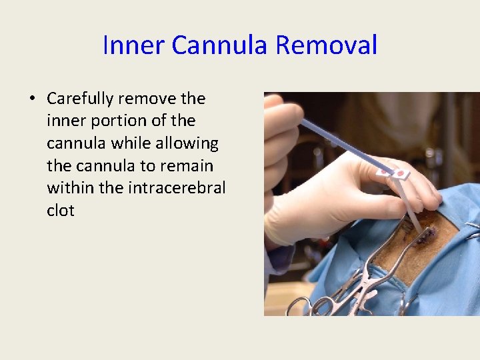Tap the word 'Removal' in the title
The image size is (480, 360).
(x=326, y=46)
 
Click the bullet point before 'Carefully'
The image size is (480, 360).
(x=32, y=99)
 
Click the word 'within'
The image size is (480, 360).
(x=70, y=188)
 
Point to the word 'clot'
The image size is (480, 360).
(x=61, y=211)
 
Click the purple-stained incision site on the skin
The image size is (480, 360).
(x=426, y=233)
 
